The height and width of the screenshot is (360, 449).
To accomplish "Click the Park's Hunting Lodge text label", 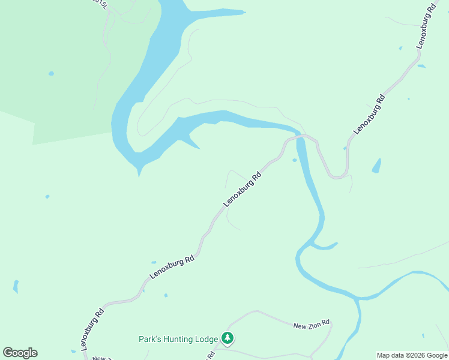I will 178,339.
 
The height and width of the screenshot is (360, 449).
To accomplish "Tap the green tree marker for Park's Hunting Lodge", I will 228,338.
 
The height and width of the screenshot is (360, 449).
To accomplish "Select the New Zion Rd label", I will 312,325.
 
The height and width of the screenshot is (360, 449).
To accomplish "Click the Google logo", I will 20,353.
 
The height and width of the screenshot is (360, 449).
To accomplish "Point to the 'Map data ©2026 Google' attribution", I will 412,355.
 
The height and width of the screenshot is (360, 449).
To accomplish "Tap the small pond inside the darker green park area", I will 51,74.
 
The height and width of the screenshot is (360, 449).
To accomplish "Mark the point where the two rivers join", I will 358,298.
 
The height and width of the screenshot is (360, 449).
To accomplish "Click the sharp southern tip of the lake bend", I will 139,174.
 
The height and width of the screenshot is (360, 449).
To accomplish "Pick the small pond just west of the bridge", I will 294,160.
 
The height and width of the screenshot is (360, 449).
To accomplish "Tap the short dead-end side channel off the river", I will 327,246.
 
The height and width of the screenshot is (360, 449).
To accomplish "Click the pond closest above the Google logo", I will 16,286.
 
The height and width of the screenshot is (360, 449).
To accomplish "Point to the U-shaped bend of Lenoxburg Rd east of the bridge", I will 338,176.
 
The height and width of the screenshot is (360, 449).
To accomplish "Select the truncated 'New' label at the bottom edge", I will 99,358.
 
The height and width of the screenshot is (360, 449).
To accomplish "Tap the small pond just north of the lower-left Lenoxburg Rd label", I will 154,262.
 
